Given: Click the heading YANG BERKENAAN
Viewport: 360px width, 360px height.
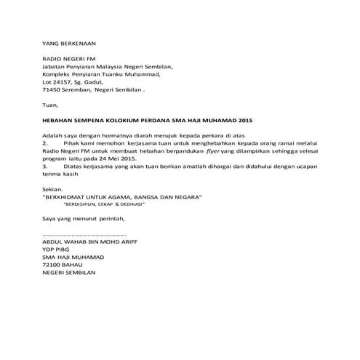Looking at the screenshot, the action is click(x=70, y=44).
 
